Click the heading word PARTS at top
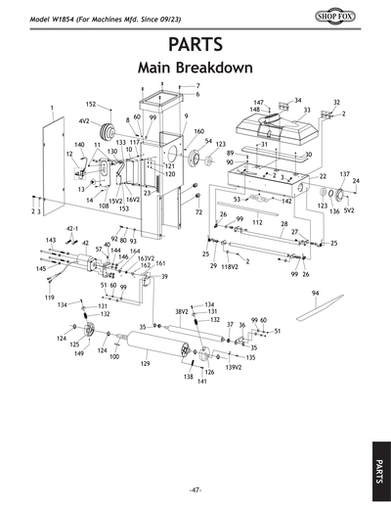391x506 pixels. point(195,44)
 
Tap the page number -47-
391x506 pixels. point(195,489)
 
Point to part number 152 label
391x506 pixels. point(90,105)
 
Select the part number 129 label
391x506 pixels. point(145,363)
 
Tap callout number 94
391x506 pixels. point(316,293)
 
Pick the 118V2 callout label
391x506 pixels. point(230,266)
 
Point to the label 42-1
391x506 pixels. point(71,227)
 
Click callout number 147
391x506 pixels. point(259,102)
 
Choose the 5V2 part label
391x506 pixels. point(349,210)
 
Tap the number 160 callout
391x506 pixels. point(198,131)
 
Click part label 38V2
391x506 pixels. point(181,311)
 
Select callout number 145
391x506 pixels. point(42,267)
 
